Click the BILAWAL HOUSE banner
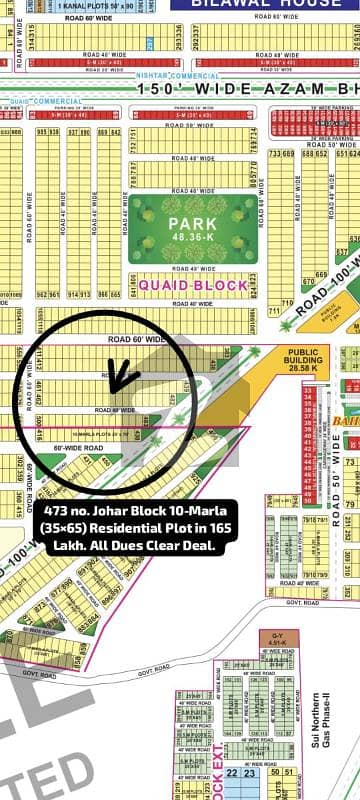coord(270,5)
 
